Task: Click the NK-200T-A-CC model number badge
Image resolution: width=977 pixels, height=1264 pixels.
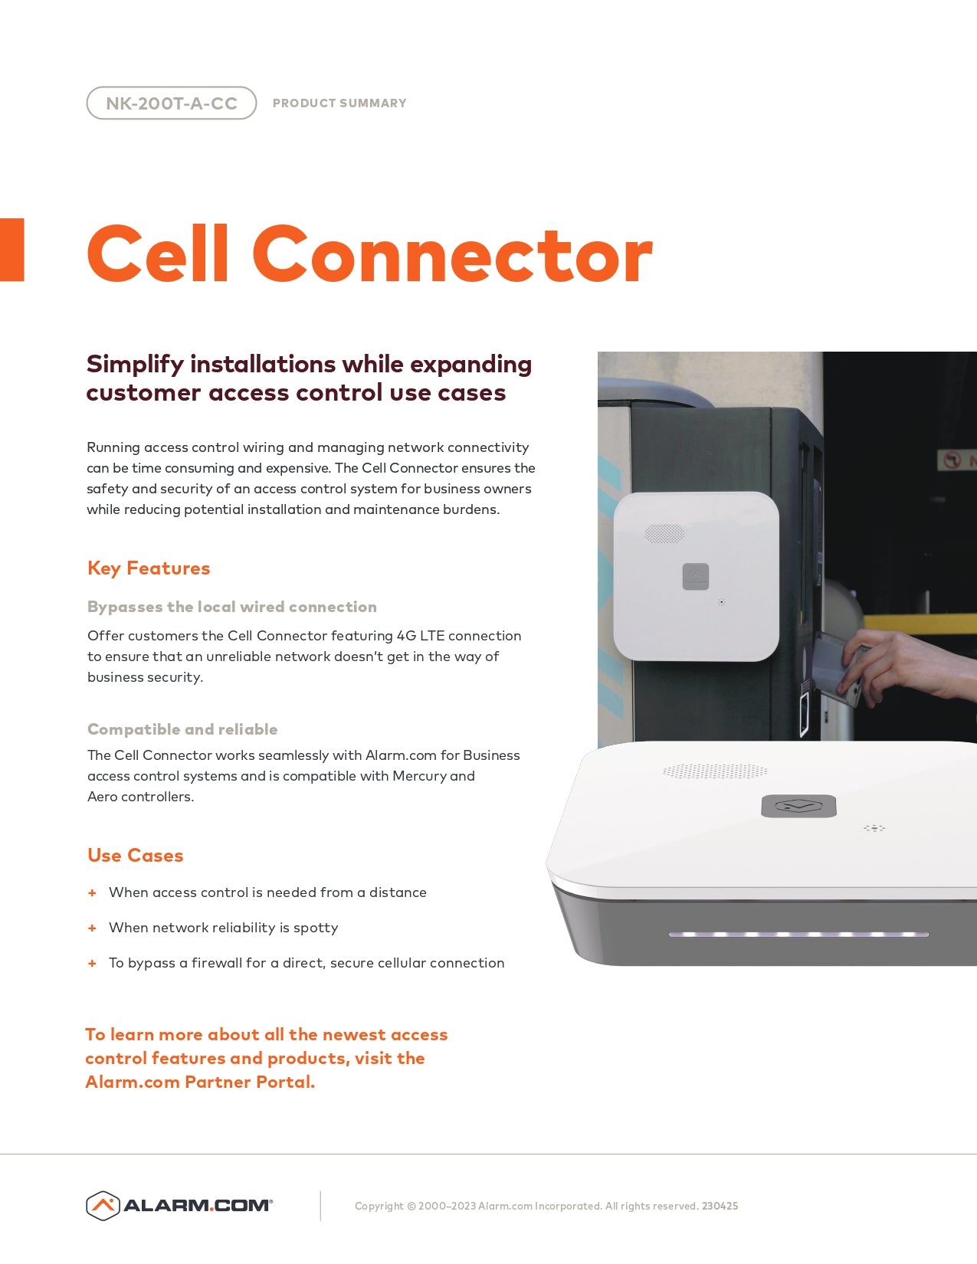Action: [171, 103]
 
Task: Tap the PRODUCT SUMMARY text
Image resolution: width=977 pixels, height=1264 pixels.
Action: [339, 103]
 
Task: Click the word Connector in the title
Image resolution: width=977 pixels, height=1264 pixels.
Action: [452, 254]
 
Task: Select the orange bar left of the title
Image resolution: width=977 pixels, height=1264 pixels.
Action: [12, 250]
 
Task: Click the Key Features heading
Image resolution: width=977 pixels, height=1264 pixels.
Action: [149, 568]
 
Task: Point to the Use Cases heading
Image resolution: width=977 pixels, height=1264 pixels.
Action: [136, 856]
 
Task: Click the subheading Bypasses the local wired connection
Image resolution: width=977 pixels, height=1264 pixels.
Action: [232, 607]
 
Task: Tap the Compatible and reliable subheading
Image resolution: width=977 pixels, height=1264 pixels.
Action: [182, 729]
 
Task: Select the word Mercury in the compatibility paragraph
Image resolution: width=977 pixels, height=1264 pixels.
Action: [419, 776]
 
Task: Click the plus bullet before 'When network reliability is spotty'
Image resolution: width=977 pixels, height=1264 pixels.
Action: [92, 928]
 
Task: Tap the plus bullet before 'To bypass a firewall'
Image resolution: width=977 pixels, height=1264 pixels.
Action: [92, 964]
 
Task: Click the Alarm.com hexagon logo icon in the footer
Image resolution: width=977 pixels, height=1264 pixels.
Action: [103, 1206]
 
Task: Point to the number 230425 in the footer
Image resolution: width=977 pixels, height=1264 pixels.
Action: [720, 1206]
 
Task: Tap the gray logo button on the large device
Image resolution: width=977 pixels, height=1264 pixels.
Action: [798, 806]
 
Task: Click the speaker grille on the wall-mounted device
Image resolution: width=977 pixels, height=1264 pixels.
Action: [664, 533]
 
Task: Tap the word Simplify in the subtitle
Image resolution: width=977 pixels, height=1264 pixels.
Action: [134, 365]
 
